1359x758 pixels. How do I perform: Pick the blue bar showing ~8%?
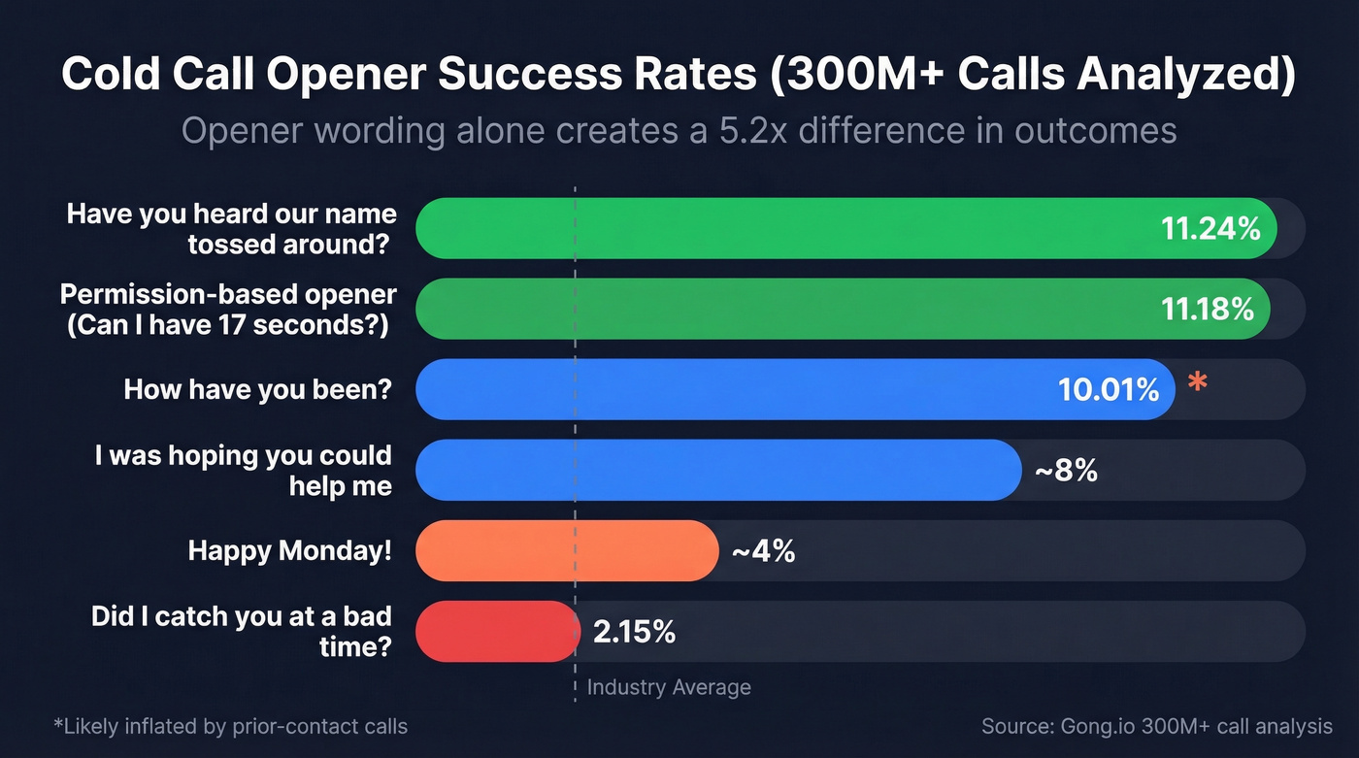click(718, 470)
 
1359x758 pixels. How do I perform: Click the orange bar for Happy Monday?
click(567, 550)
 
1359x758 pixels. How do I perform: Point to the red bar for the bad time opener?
click(497, 631)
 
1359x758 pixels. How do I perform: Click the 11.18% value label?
click(1208, 309)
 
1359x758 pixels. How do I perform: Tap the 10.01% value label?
click(1109, 390)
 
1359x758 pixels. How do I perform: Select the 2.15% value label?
click(634, 632)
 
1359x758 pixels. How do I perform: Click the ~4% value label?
click(763, 551)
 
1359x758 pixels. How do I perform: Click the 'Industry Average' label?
click(669, 687)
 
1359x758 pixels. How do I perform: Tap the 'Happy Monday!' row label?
click(290, 551)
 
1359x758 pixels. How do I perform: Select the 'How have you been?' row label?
click(258, 390)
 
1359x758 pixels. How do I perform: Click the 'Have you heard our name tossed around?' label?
click(231, 228)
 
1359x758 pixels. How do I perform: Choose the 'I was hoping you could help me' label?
click(244, 470)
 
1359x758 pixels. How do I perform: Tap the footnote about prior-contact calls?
click(231, 726)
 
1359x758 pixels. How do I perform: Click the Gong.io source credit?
click(1156, 726)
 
